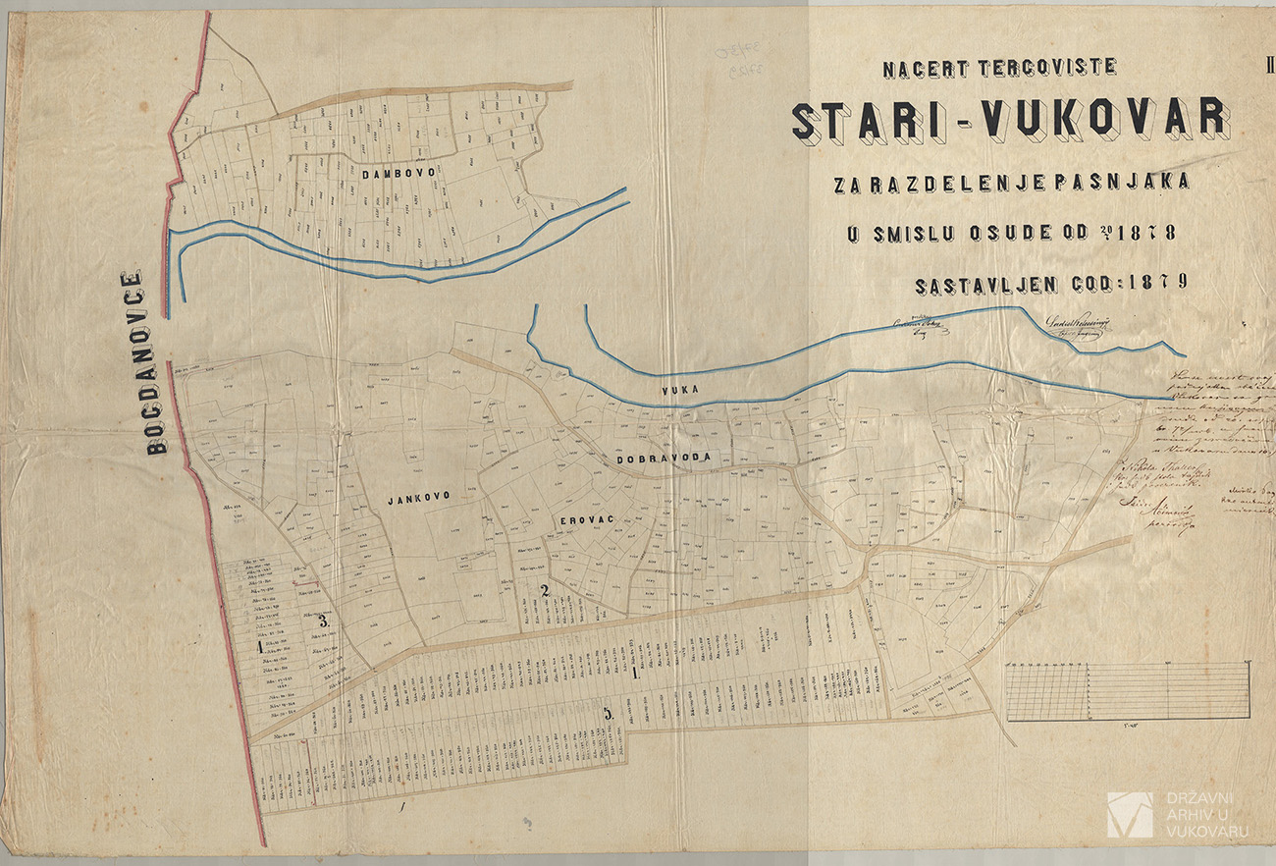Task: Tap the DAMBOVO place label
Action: pyautogui.click(x=398, y=174)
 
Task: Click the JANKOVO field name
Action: pyautogui.click(x=418, y=498)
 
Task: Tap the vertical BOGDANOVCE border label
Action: pyautogui.click(x=145, y=362)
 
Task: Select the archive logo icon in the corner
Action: pyautogui.click(x=1130, y=815)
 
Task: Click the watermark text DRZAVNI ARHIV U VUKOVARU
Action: pyautogui.click(x=1205, y=815)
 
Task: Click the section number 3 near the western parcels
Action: pyautogui.click(x=323, y=622)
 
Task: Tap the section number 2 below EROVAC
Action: pyautogui.click(x=544, y=590)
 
